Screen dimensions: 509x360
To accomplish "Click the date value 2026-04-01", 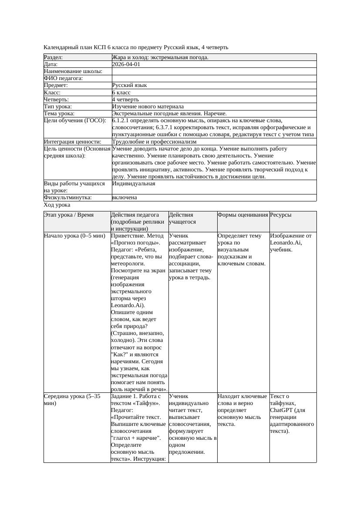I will tap(126, 64).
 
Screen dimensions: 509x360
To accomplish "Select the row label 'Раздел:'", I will tap(54, 57).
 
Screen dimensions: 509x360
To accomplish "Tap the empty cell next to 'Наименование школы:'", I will tap(213, 71).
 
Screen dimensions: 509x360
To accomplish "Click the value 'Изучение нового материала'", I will tap(148, 107).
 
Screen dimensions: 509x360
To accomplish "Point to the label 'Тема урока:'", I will tap(59, 114).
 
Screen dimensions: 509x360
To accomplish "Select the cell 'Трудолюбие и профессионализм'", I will tap(154, 142).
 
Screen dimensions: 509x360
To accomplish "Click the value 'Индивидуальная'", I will tap(133, 184).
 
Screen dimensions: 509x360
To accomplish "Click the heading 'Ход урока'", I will tap(57, 205).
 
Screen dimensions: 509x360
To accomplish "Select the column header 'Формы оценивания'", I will tap(242, 215).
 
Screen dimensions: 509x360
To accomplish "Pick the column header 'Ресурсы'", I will tap(280, 215).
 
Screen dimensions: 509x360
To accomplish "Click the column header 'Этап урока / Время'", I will tap(68, 215).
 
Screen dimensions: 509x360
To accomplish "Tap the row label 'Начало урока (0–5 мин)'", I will tap(74, 236).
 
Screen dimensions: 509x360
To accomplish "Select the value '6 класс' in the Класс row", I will tap(121, 93).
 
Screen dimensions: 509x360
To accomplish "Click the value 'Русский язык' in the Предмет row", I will tap(129, 86).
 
